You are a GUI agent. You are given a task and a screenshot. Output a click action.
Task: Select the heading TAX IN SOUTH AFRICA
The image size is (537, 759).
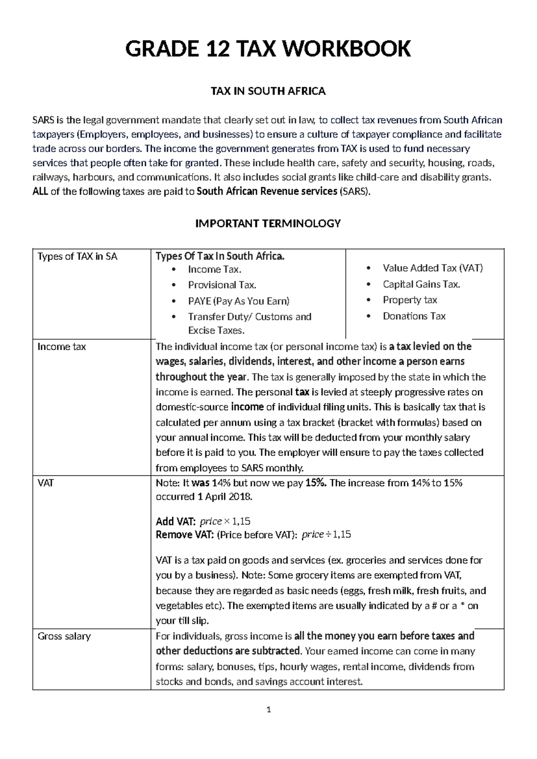(268, 91)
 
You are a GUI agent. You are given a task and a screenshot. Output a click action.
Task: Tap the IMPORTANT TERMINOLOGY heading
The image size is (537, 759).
(268, 223)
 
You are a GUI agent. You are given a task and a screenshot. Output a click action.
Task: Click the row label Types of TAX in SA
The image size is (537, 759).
(77, 256)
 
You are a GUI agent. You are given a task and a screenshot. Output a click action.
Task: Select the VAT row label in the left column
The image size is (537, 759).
(46, 483)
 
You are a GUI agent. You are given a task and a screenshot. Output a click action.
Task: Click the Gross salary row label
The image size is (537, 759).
(64, 636)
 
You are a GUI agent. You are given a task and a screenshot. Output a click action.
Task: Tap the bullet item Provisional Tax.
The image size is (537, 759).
(222, 285)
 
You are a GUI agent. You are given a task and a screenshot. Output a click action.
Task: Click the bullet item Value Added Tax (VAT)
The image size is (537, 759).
(432, 268)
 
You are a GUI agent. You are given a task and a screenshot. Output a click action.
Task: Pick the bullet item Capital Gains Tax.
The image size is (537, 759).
(421, 284)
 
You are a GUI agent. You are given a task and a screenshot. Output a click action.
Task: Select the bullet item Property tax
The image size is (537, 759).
(409, 300)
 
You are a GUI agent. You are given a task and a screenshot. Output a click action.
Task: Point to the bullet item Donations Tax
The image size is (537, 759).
(414, 316)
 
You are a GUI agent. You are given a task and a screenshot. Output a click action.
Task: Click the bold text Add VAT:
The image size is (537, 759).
(175, 521)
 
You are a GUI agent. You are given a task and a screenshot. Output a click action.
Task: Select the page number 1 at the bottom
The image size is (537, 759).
(268, 709)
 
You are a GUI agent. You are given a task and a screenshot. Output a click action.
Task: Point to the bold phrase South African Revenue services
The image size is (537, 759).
(267, 192)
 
